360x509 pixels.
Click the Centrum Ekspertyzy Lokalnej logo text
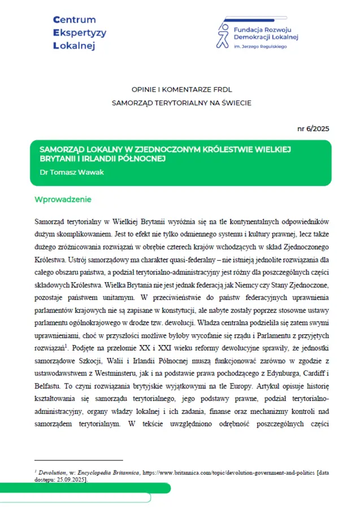click(79, 33)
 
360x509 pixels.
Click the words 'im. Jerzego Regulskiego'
click(260, 46)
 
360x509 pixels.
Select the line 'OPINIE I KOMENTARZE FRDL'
click(181, 90)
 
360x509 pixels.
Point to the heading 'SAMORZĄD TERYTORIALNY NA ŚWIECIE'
click(181, 103)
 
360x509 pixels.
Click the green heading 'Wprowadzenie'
click(63, 200)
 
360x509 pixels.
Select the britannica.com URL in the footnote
click(220, 471)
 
